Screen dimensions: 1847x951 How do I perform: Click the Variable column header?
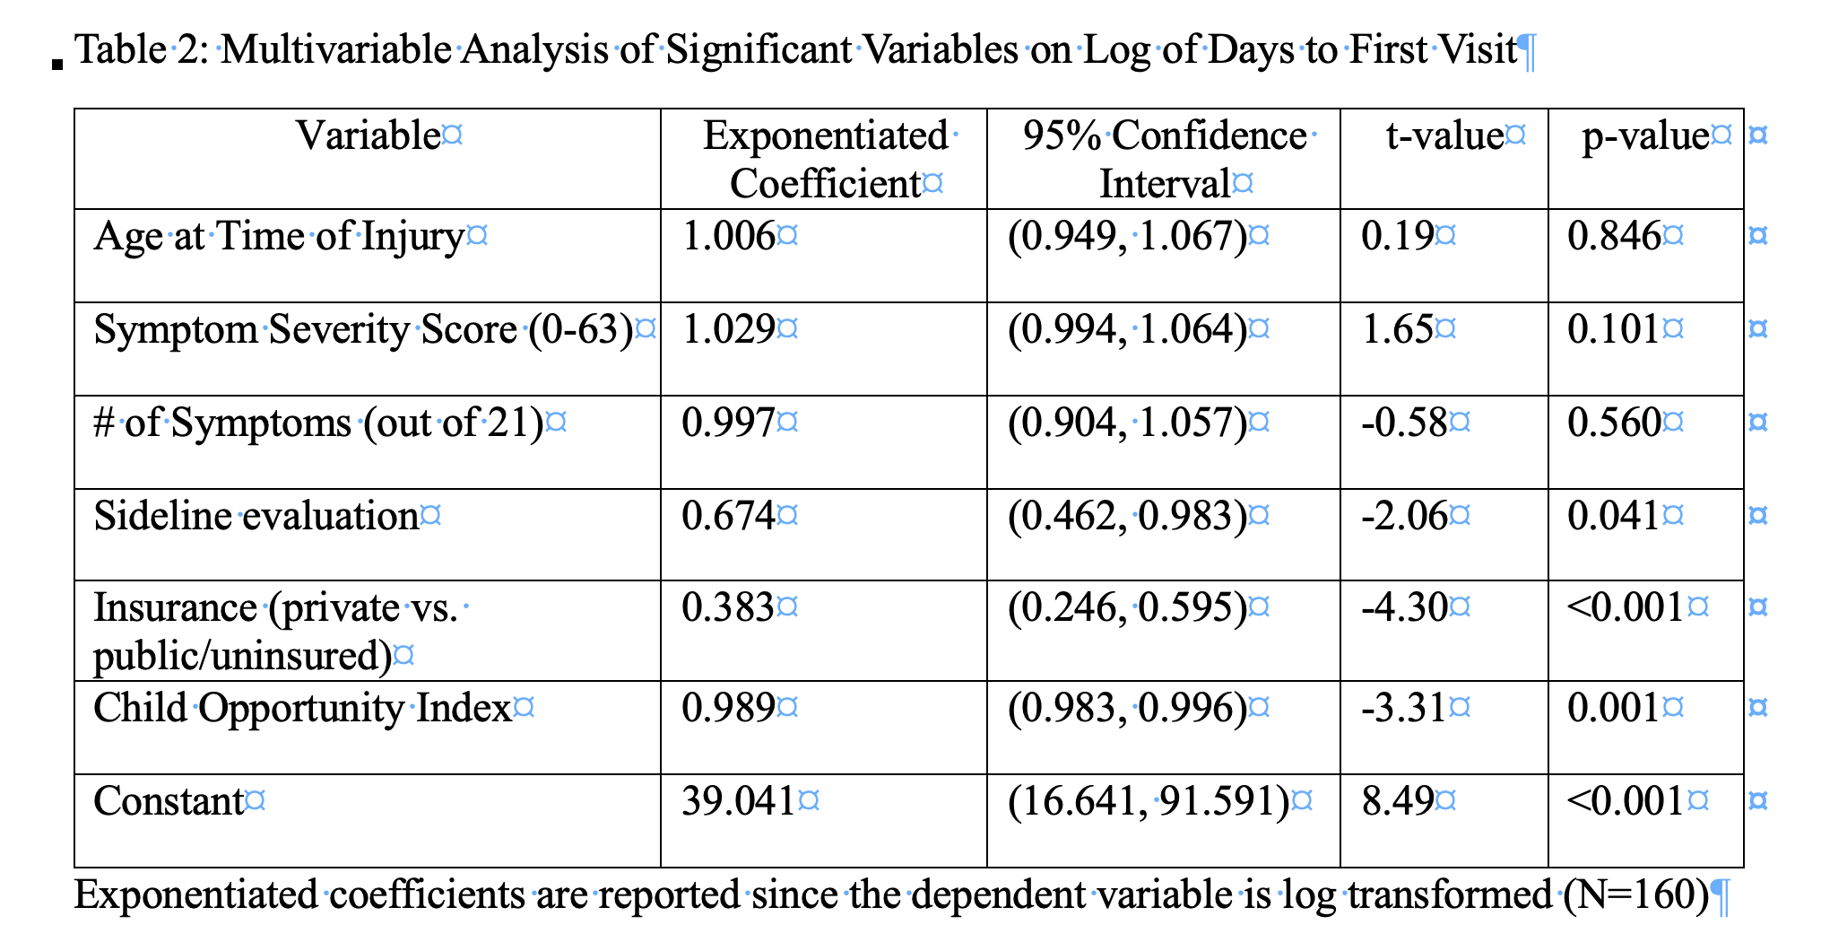[369, 136]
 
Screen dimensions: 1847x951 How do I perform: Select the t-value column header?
[1444, 136]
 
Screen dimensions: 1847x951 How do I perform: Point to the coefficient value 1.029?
[728, 329]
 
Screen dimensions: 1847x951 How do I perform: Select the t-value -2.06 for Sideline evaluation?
[1404, 516]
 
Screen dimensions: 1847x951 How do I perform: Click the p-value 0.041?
[1613, 516]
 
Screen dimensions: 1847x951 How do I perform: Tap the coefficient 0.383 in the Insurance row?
[728, 607]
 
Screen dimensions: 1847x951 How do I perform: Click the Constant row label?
[169, 801]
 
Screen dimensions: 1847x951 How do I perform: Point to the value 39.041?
[739, 801]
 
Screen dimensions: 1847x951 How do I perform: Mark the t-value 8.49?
[1398, 801]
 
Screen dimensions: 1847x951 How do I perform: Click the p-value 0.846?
[1614, 236]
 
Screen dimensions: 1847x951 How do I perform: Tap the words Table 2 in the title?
[142, 49]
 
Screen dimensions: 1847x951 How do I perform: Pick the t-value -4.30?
[1404, 607]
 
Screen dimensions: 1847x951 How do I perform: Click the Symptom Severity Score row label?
[363, 330]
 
